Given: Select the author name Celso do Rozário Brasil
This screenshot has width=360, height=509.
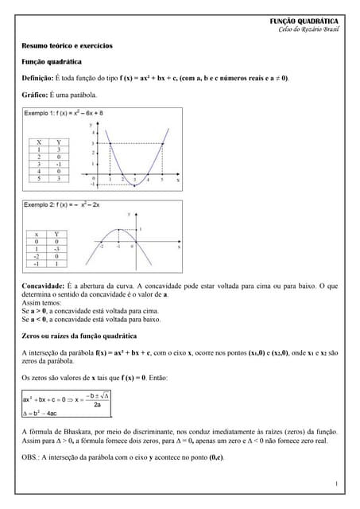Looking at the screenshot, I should (308, 29).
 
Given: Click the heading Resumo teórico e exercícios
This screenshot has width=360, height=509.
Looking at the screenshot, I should (67, 46).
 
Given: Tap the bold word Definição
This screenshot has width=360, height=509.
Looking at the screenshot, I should (37, 78).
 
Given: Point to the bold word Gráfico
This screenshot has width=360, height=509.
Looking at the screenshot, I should (34, 95).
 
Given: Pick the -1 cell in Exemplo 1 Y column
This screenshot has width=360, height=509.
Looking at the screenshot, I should (58, 164).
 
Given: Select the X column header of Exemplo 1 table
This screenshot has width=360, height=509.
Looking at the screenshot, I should (38, 142).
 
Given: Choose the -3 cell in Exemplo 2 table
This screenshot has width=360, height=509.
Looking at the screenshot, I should (56, 249).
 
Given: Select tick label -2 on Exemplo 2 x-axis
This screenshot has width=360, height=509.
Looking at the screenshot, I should (102, 247).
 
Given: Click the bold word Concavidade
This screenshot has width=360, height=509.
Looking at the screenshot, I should (43, 285).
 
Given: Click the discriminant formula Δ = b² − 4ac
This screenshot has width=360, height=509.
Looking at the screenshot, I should (40, 413).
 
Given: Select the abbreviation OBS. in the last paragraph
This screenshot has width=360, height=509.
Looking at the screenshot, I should (30, 457).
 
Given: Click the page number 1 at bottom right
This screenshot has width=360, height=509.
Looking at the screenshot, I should (336, 484).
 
